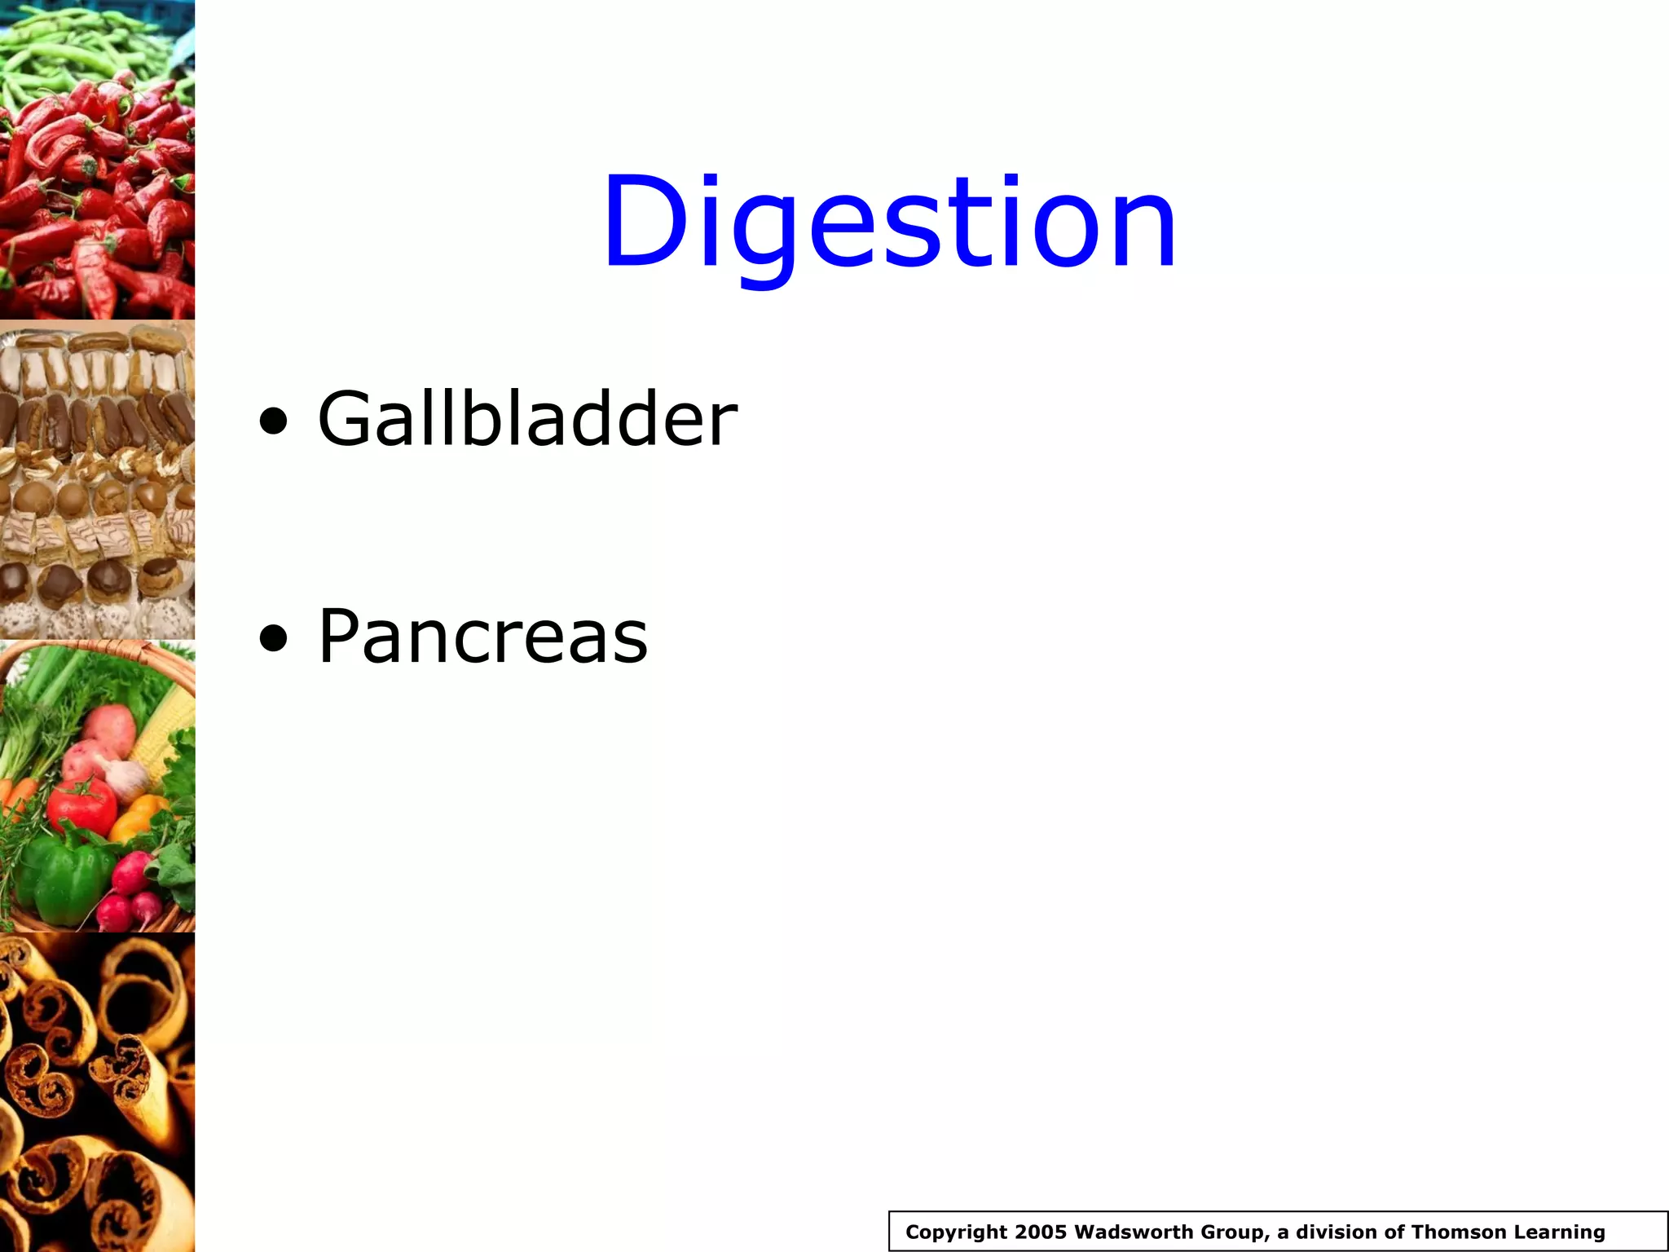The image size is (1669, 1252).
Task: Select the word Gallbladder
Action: coord(527,419)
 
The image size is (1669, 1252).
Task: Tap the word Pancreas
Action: coord(482,637)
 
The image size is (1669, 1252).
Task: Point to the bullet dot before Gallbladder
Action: coord(273,422)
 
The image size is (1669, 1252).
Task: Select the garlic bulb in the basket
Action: coord(126,778)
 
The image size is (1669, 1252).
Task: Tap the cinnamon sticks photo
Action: coord(97,1092)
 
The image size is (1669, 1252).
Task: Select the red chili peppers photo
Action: coord(97,204)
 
